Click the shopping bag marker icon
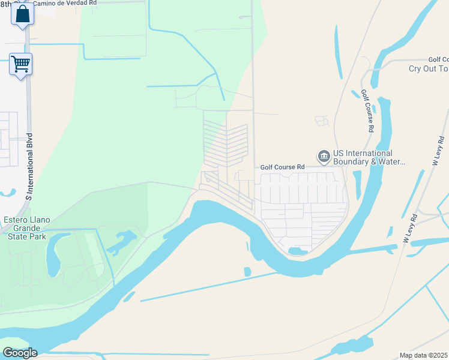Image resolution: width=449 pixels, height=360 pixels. tap(22, 14)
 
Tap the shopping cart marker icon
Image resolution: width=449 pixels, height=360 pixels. tap(20, 64)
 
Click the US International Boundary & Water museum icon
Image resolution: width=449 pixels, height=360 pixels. tap(324, 157)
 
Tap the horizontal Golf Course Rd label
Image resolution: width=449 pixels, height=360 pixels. tap(282, 167)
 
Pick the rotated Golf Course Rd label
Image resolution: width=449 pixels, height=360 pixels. tap(367, 111)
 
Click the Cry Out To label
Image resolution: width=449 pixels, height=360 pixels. tap(429, 68)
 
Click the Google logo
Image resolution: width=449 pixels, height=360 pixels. tap(19, 353)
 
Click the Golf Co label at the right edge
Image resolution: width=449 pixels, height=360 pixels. tap(438, 59)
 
